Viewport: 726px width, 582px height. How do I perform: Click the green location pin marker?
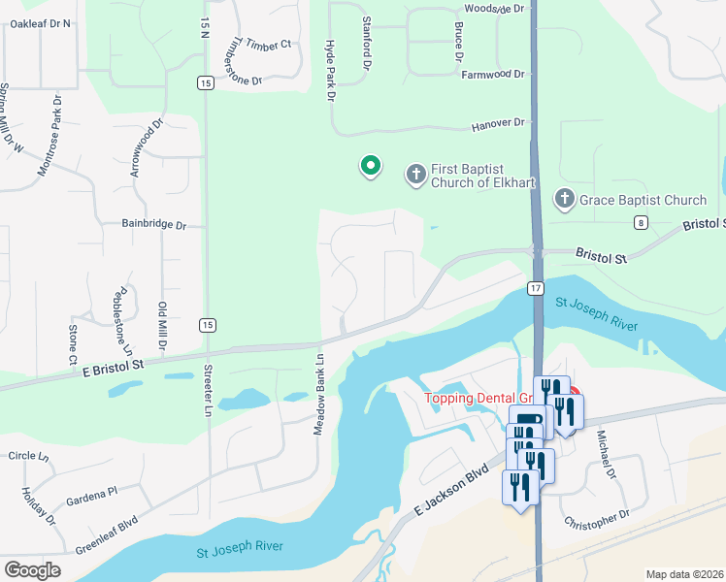coord(370,167)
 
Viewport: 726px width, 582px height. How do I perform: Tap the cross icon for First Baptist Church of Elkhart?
coord(415,175)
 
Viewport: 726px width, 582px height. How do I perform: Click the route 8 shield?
coord(642,223)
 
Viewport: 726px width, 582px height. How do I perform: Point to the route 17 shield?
coord(535,288)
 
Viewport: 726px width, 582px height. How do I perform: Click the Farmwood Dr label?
coord(492,74)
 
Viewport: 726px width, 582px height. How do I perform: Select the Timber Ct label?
coord(269,45)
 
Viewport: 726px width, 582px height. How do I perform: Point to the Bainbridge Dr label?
coord(153,224)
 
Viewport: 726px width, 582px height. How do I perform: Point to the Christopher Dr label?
coord(597,520)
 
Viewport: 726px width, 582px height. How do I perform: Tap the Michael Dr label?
coord(607,454)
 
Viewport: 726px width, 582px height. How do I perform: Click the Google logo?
coord(32,570)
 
